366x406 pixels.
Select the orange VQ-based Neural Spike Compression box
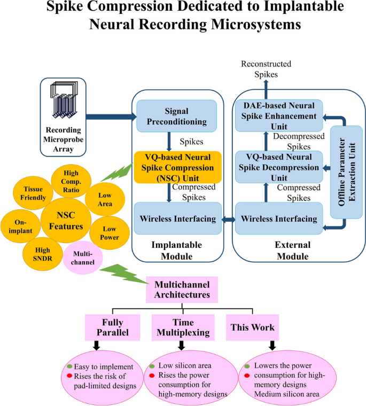tap(170, 167)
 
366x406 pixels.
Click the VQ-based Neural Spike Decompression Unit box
tap(279, 166)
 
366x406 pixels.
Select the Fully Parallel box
tap(112, 326)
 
